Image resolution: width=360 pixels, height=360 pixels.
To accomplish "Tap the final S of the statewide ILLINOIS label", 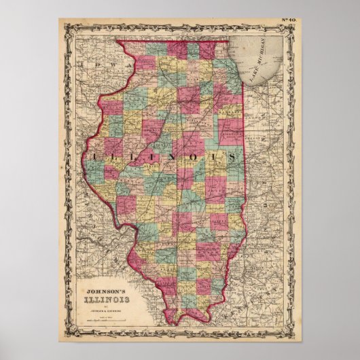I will pos(234,156).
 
